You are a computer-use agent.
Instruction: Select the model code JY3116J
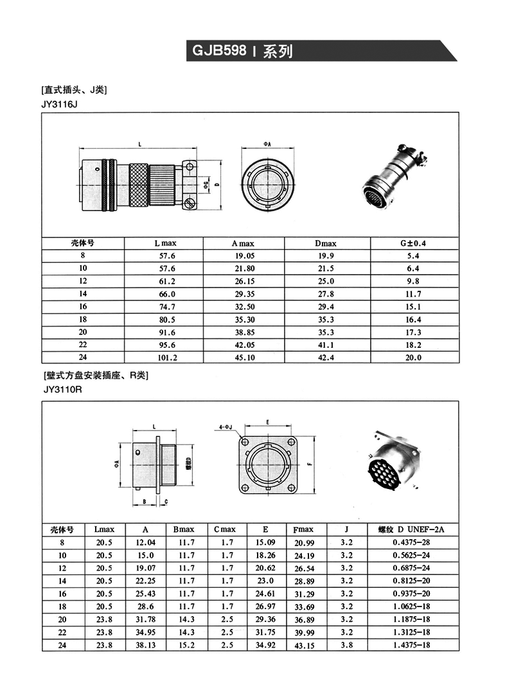58,104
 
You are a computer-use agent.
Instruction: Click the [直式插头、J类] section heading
74,90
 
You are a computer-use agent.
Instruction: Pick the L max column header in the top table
164,243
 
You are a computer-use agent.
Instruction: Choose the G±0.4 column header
414,243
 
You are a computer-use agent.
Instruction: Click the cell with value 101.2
164,358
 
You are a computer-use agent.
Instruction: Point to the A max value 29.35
243,294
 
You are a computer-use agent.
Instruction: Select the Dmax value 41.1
326,345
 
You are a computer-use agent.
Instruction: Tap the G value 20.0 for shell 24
414,358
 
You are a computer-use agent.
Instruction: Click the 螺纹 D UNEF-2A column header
411,529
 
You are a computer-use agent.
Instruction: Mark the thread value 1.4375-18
411,645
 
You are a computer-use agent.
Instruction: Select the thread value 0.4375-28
411,542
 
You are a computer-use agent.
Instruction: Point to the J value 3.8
347,645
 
